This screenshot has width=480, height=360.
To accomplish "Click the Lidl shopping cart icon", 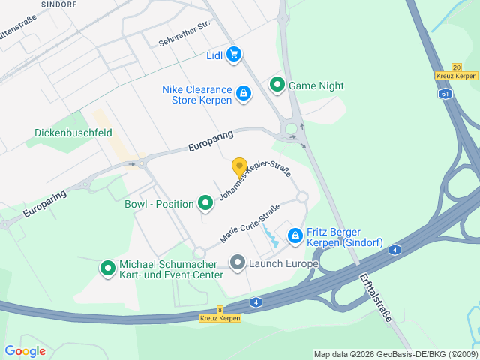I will (x=234, y=55).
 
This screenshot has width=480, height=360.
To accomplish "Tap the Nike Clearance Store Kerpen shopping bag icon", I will (x=243, y=94).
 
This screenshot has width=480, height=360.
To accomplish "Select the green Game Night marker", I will (x=277, y=85).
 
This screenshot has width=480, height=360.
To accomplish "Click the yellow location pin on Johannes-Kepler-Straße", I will (x=239, y=168).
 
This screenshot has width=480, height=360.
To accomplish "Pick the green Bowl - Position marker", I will (x=205, y=203).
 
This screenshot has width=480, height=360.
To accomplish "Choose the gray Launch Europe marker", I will (x=238, y=262).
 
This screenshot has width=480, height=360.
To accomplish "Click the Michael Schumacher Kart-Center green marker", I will (x=107, y=266).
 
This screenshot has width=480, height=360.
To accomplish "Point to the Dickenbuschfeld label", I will (x=73, y=133).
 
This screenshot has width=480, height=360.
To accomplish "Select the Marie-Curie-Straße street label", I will (x=250, y=223).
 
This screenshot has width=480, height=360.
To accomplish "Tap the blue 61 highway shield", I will (x=446, y=94).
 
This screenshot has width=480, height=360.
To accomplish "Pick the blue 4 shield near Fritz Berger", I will (x=395, y=249).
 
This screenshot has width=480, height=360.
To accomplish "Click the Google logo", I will (x=25, y=350).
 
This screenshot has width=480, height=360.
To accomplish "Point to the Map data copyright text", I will (x=394, y=354).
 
